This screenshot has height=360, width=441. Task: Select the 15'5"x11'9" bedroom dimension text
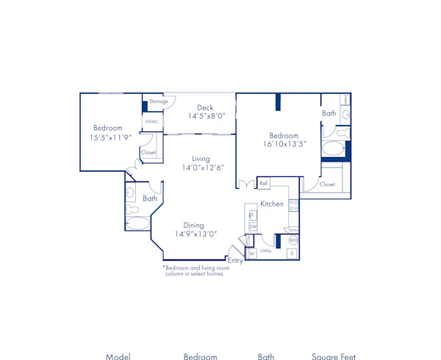[x=110, y=137]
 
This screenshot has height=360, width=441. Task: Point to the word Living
[x=201, y=159]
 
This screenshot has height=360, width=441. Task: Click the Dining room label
[x=194, y=226]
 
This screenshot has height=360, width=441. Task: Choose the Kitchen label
[x=272, y=204]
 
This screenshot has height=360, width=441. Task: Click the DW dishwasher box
[x=252, y=226]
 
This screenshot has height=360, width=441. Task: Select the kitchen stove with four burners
[x=293, y=206]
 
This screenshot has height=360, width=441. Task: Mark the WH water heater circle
[x=293, y=240]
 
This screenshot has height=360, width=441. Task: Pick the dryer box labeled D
[x=292, y=253]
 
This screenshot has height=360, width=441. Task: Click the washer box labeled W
[x=251, y=254]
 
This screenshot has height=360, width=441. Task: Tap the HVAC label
[x=152, y=121]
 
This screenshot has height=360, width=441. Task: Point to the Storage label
[x=158, y=101]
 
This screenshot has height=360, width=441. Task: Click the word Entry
[x=235, y=261]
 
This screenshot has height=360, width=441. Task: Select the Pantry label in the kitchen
[x=293, y=229]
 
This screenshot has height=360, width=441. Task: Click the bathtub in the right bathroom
[x=333, y=151]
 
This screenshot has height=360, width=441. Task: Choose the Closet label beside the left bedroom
[x=149, y=153]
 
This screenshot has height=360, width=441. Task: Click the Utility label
[x=265, y=251]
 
